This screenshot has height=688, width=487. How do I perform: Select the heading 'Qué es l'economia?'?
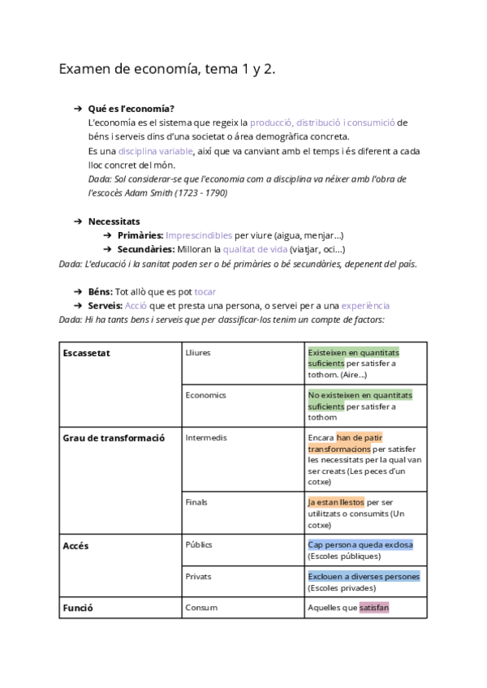(x=131, y=109)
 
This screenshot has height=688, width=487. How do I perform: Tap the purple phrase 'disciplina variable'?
(x=155, y=151)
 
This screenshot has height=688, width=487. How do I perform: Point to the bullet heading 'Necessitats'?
(x=114, y=221)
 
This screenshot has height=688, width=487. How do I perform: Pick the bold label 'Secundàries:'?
(x=146, y=249)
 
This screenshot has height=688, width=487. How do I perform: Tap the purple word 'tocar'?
(x=205, y=291)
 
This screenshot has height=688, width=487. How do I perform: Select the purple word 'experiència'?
(x=365, y=306)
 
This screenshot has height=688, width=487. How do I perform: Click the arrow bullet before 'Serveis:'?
(x=78, y=306)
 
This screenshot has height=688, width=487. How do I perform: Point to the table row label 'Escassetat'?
(x=87, y=353)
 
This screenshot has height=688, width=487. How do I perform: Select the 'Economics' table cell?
(x=206, y=395)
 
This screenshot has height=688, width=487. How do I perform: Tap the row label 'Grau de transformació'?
(x=114, y=437)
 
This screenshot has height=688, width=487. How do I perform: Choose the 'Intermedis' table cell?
(x=206, y=437)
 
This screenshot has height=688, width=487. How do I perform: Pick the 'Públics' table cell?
(x=199, y=544)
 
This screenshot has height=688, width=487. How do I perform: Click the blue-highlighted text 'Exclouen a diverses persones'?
(x=364, y=576)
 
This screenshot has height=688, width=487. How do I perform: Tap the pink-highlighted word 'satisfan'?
(x=373, y=607)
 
